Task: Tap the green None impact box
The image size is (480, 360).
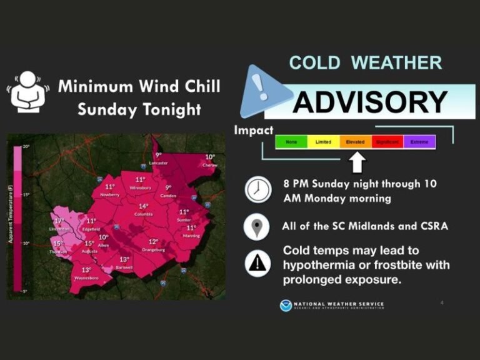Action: [x=291, y=142]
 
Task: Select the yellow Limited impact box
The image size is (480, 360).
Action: [x=323, y=142]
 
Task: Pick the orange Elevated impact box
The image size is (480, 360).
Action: [x=356, y=142]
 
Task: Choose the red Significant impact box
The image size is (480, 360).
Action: [x=387, y=142]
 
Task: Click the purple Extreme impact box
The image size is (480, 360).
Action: [x=419, y=142]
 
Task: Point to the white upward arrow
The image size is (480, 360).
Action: [x=356, y=162]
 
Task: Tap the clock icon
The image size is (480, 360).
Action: [x=257, y=189]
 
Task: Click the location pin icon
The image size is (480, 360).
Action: [x=256, y=226]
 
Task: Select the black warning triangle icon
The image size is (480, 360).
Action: [x=256, y=263]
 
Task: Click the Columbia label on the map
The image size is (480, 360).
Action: [x=143, y=214]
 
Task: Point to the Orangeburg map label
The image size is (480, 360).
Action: [x=153, y=249]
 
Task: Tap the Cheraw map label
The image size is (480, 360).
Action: [x=210, y=165]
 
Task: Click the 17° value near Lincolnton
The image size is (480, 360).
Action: [x=59, y=221]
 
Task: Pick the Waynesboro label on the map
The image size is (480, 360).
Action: [x=86, y=277]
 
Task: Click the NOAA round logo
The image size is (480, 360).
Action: [x=286, y=305]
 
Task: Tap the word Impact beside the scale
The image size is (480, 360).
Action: [x=253, y=131]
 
